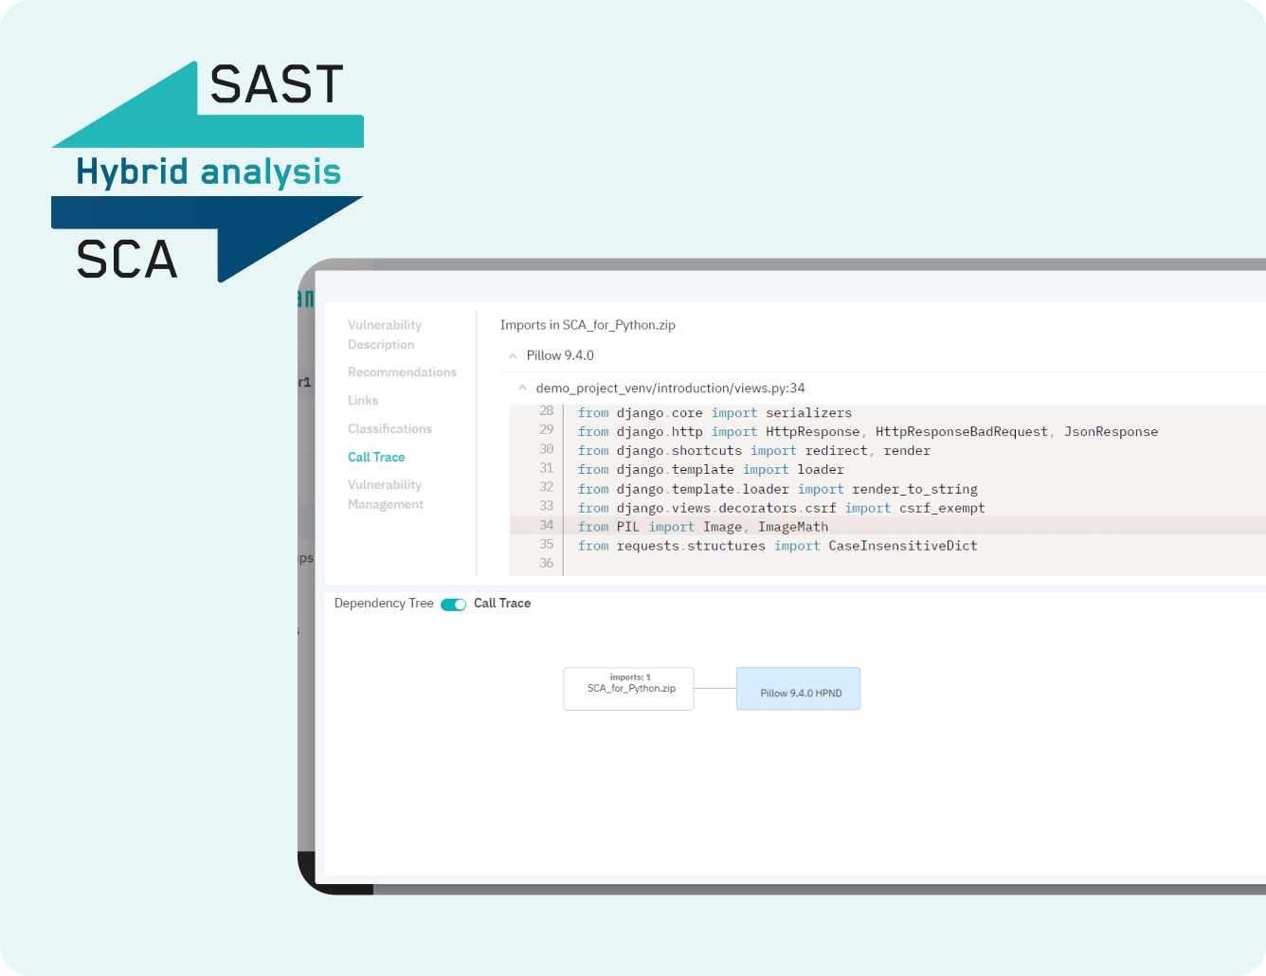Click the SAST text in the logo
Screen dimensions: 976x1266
click(276, 85)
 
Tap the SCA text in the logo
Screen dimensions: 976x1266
click(127, 260)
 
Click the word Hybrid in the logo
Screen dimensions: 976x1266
click(133, 172)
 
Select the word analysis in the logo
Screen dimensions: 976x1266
click(270, 172)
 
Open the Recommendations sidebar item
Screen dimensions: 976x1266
click(402, 372)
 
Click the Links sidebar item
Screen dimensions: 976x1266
click(363, 401)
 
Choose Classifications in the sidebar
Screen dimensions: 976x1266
click(389, 429)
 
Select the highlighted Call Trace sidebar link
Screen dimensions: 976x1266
click(376, 458)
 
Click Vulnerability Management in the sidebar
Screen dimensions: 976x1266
click(386, 495)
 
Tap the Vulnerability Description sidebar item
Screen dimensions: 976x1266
click(385, 334)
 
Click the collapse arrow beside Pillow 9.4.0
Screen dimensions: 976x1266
click(514, 356)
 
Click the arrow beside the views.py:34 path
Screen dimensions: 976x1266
click(522, 389)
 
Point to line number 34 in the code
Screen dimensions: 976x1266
click(547, 525)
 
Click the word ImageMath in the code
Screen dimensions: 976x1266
click(793, 527)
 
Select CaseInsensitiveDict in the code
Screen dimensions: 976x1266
click(902, 546)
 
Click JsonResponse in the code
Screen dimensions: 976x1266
click(1111, 432)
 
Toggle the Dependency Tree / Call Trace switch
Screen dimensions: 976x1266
click(454, 605)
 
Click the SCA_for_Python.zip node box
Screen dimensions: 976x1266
click(628, 689)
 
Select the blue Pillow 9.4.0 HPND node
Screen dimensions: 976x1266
click(798, 689)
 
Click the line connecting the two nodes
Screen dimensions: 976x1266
click(715, 689)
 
